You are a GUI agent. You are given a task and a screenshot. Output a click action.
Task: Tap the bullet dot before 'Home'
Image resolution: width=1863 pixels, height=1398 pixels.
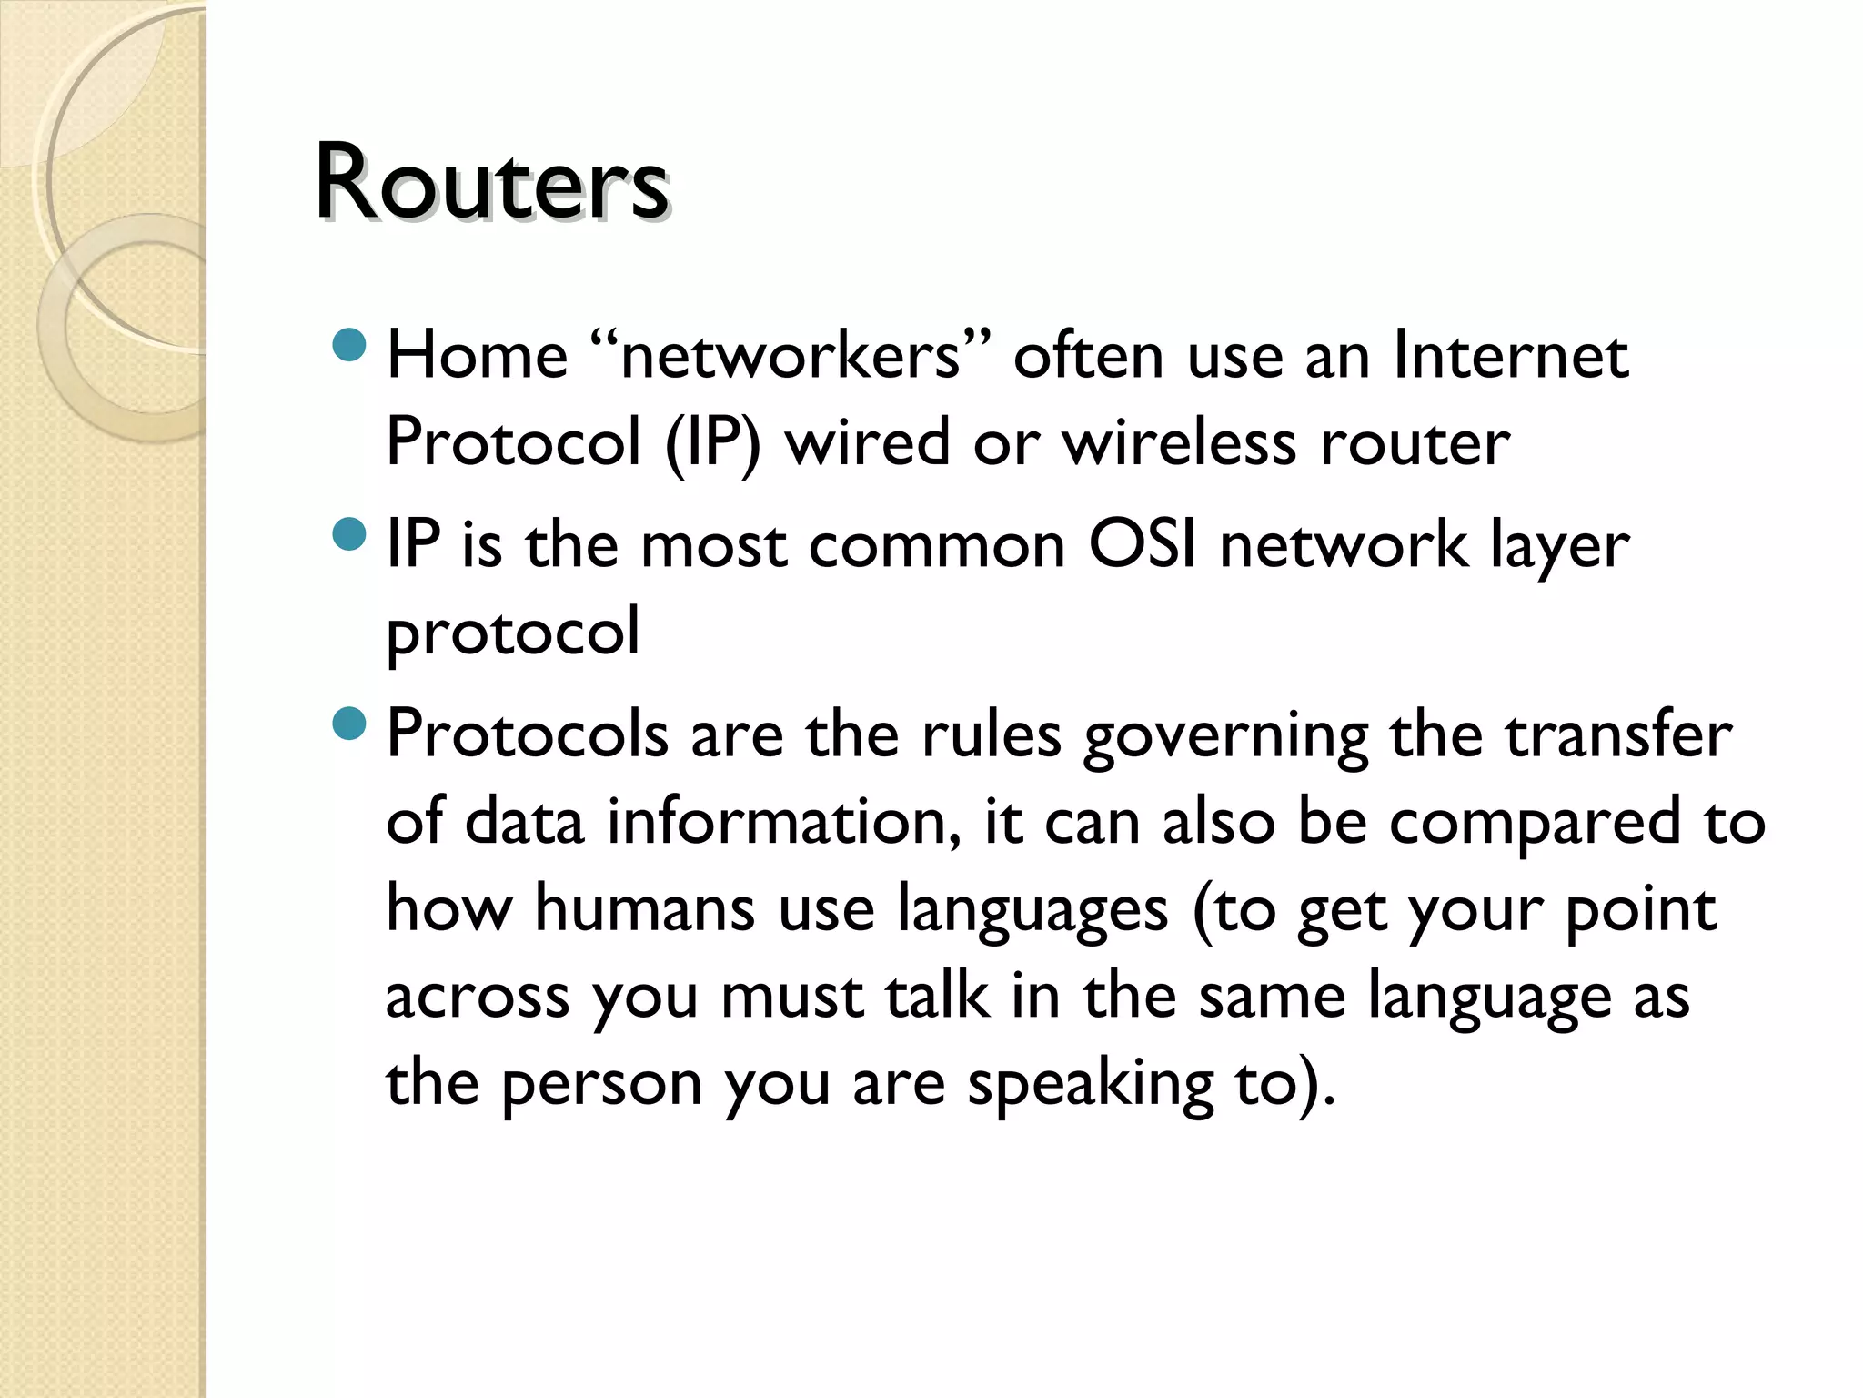tap(349, 345)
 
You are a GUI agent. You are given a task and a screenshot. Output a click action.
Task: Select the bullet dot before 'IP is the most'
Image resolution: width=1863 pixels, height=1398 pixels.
tap(349, 534)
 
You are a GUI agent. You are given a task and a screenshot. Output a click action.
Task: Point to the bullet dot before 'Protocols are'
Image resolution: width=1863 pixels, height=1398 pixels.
tap(349, 724)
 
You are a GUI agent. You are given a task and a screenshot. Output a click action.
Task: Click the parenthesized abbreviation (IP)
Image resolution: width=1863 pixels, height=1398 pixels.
tap(712, 443)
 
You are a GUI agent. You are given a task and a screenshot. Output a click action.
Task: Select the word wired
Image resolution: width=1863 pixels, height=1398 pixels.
tap(867, 442)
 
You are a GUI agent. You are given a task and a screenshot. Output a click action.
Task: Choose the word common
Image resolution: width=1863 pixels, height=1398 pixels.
tap(936, 546)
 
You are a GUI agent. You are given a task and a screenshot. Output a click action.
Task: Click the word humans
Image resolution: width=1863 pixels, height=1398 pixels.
tap(644, 908)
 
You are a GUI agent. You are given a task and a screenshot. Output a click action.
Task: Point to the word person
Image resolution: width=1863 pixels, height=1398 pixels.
tap(601, 1085)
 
